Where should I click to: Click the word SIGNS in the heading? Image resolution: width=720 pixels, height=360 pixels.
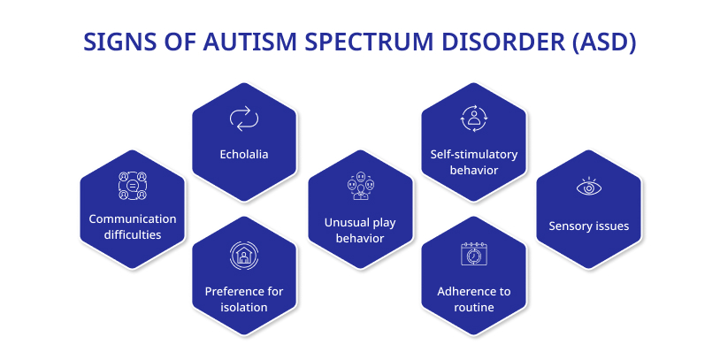coord(114,42)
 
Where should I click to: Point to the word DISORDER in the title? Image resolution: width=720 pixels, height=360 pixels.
coord(502,42)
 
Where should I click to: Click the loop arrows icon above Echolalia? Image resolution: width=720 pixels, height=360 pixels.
coord(244,118)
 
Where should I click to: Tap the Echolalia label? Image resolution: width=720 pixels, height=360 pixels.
coord(244,154)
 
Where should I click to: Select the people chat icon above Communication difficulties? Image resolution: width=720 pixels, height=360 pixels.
coord(132,185)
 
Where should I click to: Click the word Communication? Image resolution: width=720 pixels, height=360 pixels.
coord(133,218)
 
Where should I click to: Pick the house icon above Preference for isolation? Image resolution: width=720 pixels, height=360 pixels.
coord(244,256)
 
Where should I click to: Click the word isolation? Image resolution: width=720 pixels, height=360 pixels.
coord(244,307)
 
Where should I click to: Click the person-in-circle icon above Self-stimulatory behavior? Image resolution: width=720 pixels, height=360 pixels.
coord(473,118)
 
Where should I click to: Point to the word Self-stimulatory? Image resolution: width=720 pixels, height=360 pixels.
coord(474,154)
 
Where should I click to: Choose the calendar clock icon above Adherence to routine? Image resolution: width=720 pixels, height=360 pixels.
coord(473,254)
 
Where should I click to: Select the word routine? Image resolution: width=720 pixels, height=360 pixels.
coord(474,307)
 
